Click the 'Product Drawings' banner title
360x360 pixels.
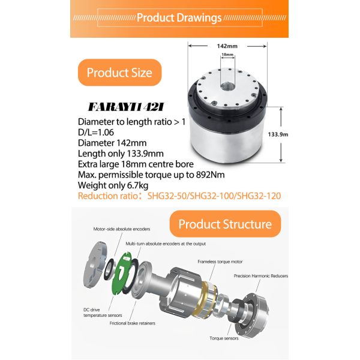[x=179, y=17]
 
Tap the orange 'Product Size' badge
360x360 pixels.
[x=119, y=73]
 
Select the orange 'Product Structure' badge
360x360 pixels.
[x=225, y=224]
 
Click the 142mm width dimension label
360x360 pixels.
[x=227, y=46]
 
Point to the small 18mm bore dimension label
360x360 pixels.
[x=227, y=55]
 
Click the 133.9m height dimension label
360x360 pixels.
[x=278, y=134]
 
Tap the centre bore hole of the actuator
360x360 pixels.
[x=228, y=87]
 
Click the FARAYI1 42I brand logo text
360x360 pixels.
[x=126, y=107]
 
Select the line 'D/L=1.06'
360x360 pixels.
[x=96, y=133]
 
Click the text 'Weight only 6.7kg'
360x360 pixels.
[x=113, y=185]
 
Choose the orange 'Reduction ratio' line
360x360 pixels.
[x=179, y=196]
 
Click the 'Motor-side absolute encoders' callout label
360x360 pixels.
[x=122, y=229]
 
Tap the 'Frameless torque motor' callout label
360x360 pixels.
[x=220, y=262]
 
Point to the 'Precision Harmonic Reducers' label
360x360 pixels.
[x=261, y=276]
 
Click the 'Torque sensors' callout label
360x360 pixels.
[x=224, y=338]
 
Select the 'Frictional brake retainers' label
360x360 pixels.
[x=132, y=323]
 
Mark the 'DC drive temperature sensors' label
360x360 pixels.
[x=103, y=313]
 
